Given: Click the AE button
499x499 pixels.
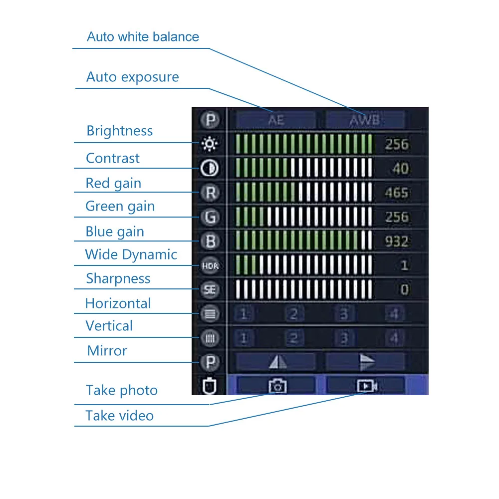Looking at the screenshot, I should tap(276, 120).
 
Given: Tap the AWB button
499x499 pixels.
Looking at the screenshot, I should tap(365, 120).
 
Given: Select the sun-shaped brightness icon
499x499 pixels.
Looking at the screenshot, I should tap(210, 145).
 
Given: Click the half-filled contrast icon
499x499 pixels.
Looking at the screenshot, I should tap(210, 169).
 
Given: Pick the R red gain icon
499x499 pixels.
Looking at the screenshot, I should tap(210, 193).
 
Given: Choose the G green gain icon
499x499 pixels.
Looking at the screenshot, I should tap(210, 217).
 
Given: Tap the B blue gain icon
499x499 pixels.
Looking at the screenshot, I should tap(210, 242).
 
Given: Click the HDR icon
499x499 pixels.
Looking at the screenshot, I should tap(210, 266).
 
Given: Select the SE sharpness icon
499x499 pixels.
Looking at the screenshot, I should tap(210, 290).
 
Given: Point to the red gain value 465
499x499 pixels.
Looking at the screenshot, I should tap(397, 193).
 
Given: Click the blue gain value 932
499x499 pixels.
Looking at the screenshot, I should tap(397, 242).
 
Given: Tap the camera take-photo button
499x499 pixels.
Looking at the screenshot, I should tap(277, 385).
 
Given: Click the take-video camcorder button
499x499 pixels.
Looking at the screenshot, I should tap(366, 385).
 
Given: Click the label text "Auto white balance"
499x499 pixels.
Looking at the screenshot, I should tap(143, 37).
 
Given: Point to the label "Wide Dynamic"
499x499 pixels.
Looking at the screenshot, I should tap(131, 254).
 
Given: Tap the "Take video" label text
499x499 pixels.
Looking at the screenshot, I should tap(119, 416).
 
